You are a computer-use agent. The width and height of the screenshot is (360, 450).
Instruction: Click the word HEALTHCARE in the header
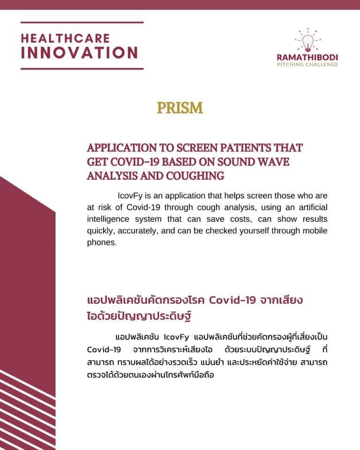click(x=65, y=38)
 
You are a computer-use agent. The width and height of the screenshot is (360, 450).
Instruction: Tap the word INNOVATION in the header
click(x=80, y=53)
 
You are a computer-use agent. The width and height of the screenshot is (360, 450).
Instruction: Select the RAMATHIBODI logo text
click(x=307, y=57)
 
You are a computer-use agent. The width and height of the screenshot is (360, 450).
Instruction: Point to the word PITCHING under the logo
click(x=290, y=64)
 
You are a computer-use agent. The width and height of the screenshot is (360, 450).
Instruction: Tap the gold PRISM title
click(x=180, y=108)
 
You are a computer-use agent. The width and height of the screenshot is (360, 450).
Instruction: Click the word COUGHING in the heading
click(x=195, y=176)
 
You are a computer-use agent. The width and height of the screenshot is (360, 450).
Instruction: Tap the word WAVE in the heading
click(x=273, y=162)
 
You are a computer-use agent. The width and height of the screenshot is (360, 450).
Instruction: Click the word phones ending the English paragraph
click(x=101, y=243)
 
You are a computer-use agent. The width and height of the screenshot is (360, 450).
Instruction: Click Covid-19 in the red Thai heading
click(x=232, y=300)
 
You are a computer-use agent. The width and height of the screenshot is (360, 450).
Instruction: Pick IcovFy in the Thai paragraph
click(x=176, y=337)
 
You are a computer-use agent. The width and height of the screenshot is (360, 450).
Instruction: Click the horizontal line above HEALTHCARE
click(x=82, y=22)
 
